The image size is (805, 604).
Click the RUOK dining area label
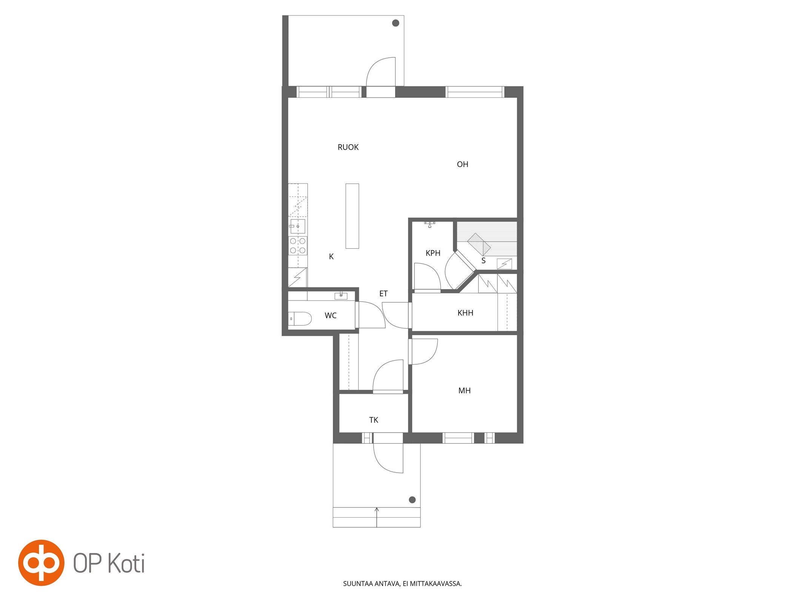pyautogui.click(x=348, y=147)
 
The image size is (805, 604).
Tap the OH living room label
pyautogui.click(x=462, y=164)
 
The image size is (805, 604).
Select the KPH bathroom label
pyautogui.click(x=433, y=253)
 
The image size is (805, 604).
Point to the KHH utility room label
pyautogui.click(x=465, y=313)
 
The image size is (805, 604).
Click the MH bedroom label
pyautogui.click(x=464, y=391)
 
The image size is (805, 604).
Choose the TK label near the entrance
pyautogui.click(x=373, y=420)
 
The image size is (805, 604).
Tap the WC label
pyautogui.click(x=331, y=316)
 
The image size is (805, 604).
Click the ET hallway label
pyautogui.click(x=383, y=293)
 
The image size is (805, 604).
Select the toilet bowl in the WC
pyautogui.click(x=300, y=319)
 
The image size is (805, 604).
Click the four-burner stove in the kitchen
pyautogui.click(x=298, y=246)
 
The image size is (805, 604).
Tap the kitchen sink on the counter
pyautogui.click(x=297, y=226)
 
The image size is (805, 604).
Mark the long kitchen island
pyautogui.click(x=352, y=216)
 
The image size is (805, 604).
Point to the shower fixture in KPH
pyautogui.click(x=429, y=225)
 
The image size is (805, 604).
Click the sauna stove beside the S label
pyautogui.click(x=504, y=263)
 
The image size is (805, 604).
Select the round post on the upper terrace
pyautogui.click(x=396, y=23)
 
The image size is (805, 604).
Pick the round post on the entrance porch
pyautogui.click(x=412, y=500)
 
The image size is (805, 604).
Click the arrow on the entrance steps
pyautogui.click(x=377, y=517)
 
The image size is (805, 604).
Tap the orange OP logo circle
pyautogui.click(x=41, y=563)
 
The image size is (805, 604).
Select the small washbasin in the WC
pyautogui.click(x=341, y=296)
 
